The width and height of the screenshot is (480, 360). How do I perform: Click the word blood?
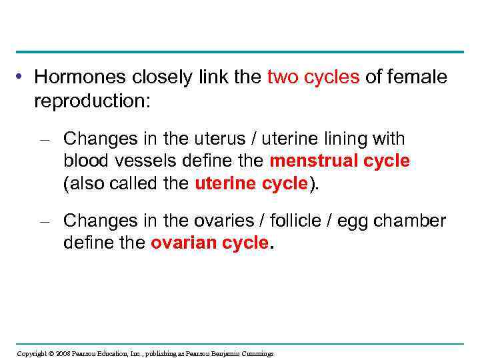click(83, 161)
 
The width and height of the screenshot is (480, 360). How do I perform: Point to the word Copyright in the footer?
click(31, 353)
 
